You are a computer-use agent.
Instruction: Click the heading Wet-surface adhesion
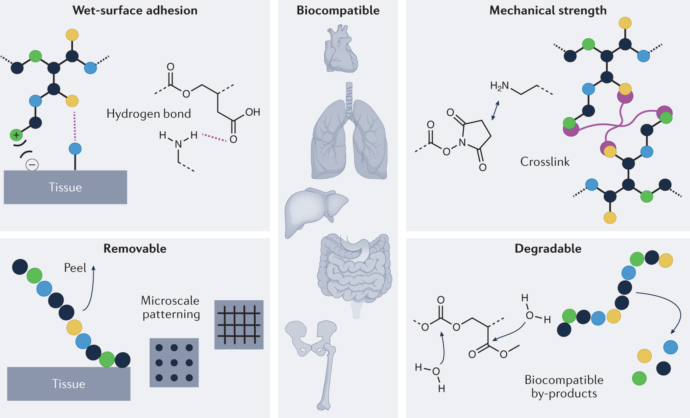[135, 10]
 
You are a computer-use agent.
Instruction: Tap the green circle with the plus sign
[16, 135]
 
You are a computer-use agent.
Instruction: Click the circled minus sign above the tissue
[32, 164]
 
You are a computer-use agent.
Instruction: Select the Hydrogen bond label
[148, 114]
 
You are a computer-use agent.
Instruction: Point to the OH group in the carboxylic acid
[252, 112]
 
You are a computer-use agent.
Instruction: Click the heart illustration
[341, 49]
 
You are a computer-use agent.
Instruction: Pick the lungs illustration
[349, 133]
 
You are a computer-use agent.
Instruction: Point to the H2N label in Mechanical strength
[499, 86]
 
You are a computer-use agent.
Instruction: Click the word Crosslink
[545, 162]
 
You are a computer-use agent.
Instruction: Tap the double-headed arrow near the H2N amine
[496, 110]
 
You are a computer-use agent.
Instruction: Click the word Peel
[75, 268]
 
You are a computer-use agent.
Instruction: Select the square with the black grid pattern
[239, 324]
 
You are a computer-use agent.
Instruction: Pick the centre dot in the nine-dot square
[174, 363]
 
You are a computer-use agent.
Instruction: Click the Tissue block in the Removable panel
[69, 384]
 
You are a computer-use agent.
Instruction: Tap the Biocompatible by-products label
[564, 387]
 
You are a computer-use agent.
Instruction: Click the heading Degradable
[548, 249]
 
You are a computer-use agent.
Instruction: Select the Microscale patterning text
[171, 307]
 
